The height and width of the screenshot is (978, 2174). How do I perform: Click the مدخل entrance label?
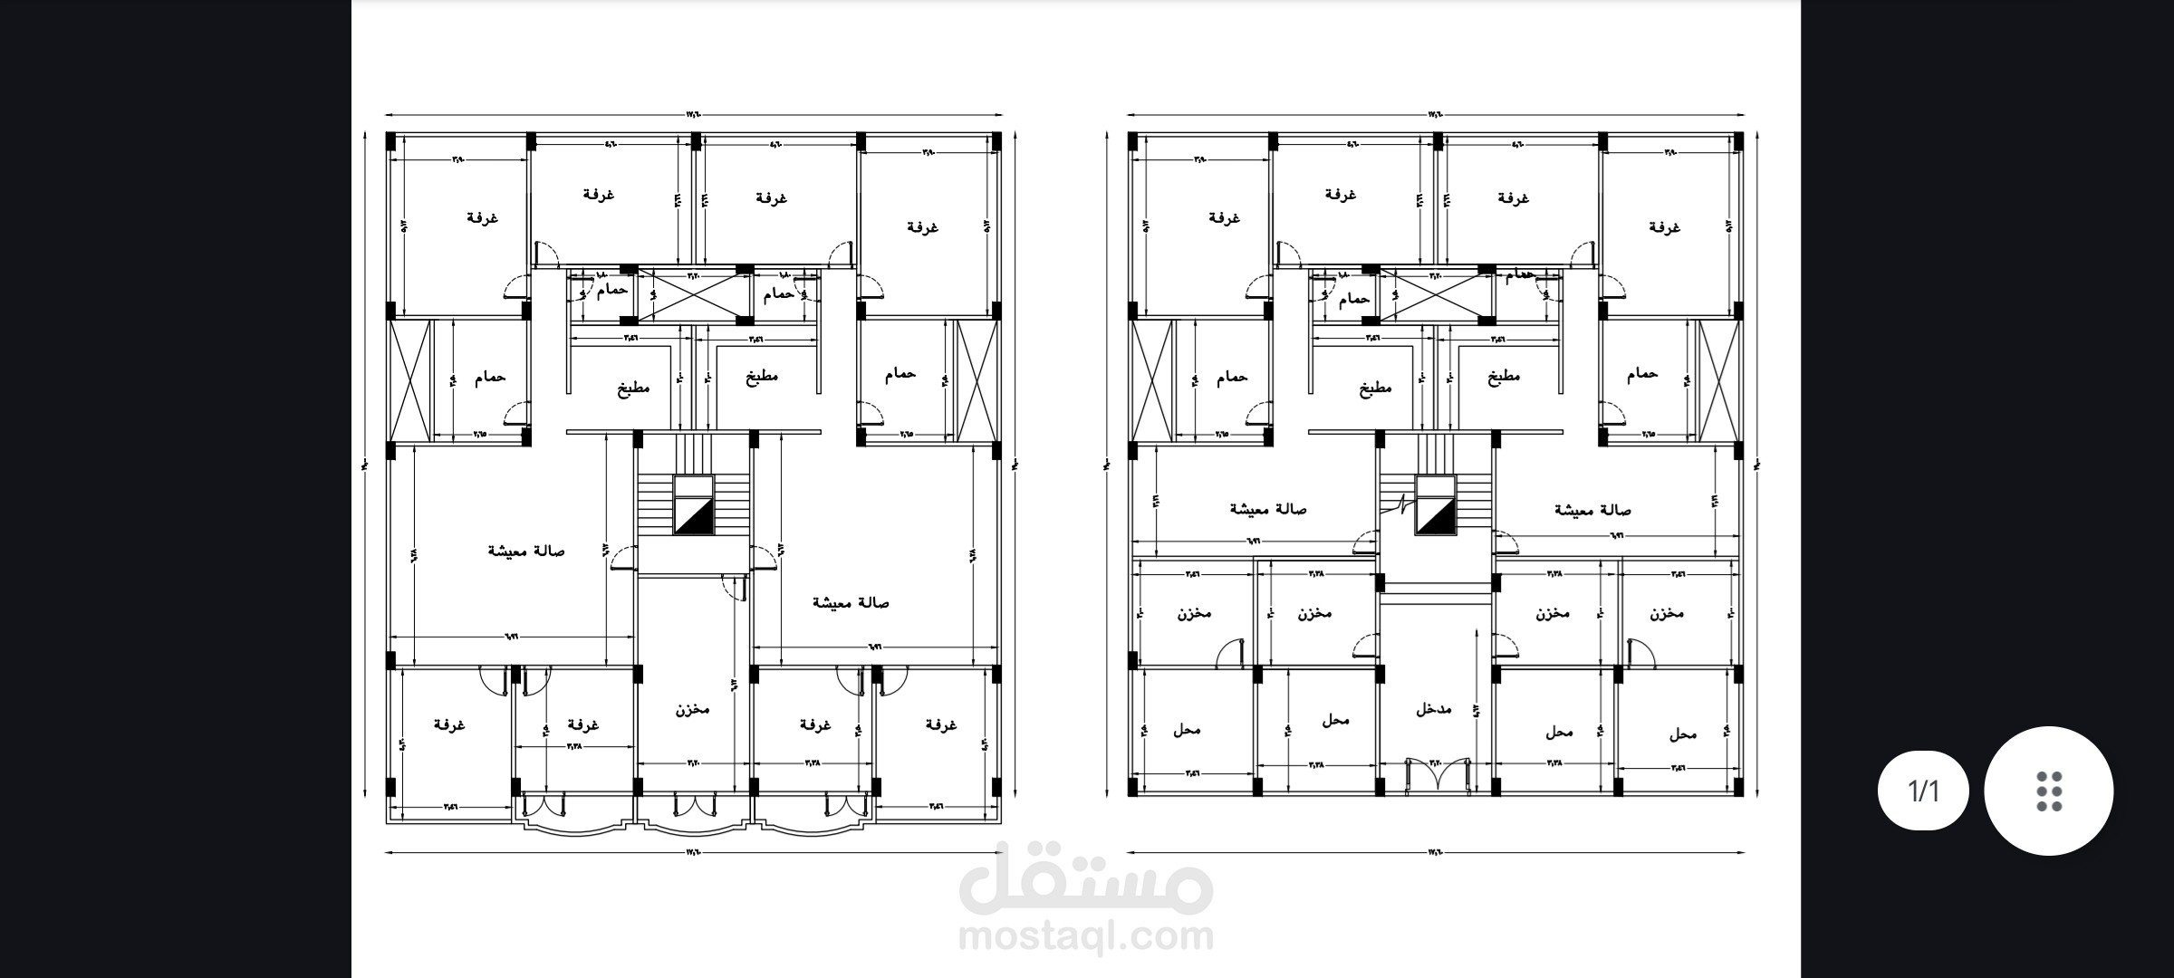tap(1433, 709)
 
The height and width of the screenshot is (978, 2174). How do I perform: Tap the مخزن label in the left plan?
tap(692, 709)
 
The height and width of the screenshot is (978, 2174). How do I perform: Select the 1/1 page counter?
tap(1923, 791)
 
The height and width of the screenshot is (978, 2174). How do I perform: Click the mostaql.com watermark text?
tap(1085, 937)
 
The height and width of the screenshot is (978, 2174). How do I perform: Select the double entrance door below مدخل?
tap(1435, 778)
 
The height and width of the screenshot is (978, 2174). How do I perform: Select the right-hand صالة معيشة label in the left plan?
tap(851, 603)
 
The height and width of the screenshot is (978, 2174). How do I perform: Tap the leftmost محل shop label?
tap(1186, 730)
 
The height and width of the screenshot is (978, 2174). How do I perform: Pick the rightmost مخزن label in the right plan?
tap(1667, 613)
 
